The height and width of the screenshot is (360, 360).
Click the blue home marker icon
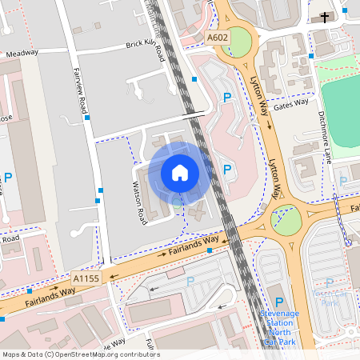point(180,172)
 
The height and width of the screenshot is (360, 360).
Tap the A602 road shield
point(217,37)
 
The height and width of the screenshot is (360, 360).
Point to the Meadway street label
point(22,54)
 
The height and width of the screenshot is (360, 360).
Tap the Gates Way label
point(290,104)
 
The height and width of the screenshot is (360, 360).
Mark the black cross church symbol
point(325,17)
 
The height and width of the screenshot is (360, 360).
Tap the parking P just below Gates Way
point(227,97)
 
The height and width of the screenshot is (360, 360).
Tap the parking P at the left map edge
point(8,177)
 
